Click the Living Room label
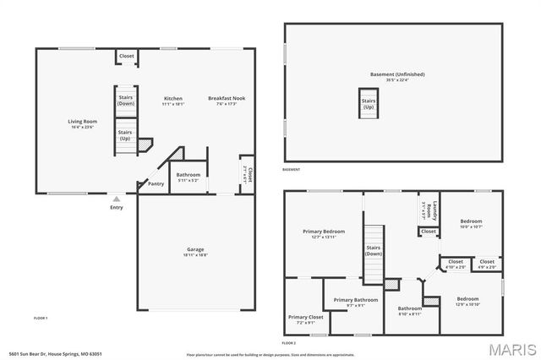pos(83,122)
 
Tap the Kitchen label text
pos(172,99)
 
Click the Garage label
pos(196,249)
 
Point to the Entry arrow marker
pos(116,199)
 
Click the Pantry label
pos(156,183)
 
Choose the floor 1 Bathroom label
pos(188,176)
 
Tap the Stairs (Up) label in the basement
pos(369,104)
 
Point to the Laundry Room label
pos(428,210)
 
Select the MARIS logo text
pos(510,347)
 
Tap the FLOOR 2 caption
pos(289,343)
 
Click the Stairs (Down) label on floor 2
pos(374,250)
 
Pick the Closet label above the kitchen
pos(126,57)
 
